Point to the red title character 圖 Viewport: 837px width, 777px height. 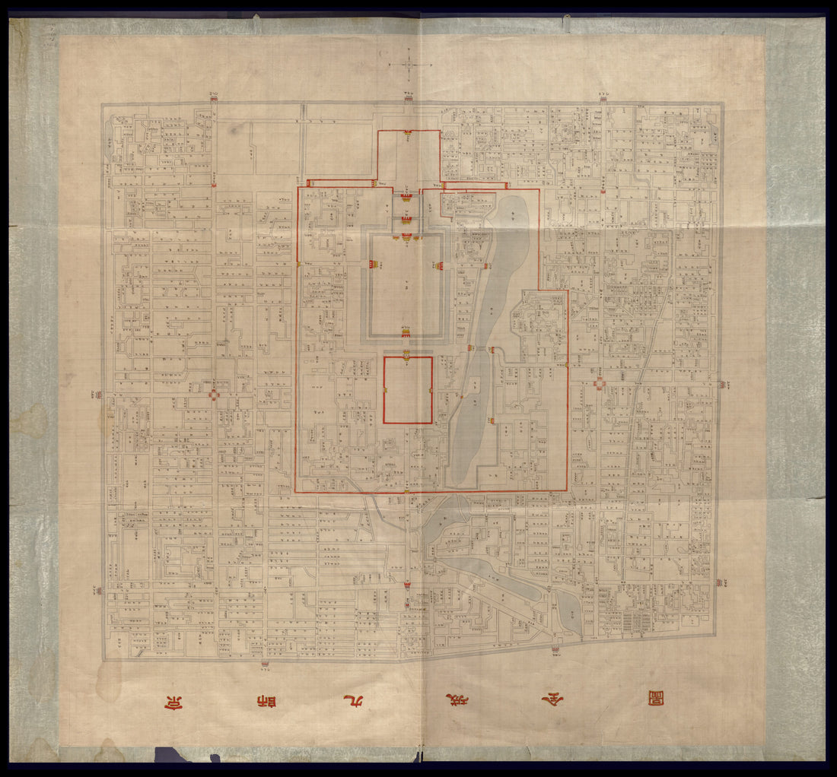click(655, 698)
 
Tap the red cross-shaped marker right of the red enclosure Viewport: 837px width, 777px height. click(600, 384)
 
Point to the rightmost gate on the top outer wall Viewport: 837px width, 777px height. click(603, 96)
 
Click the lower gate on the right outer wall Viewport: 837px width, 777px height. click(721, 582)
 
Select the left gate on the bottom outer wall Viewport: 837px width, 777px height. click(265, 665)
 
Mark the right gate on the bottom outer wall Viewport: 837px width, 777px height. click(554, 649)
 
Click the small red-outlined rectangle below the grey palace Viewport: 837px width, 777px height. click(408, 390)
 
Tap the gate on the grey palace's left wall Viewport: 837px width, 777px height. click(373, 264)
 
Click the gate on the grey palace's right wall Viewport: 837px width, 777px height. click(439, 265)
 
